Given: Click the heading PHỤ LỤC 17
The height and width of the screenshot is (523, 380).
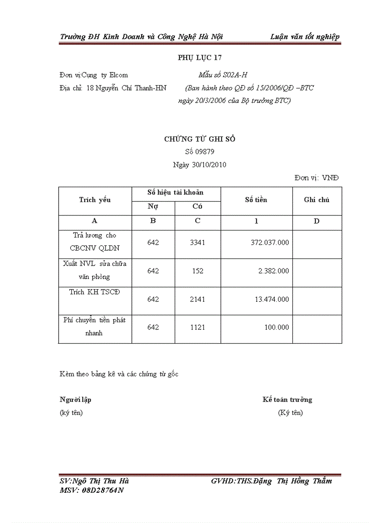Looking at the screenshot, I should pos(200,58).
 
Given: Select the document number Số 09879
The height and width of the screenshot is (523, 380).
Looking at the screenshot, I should pos(199,151).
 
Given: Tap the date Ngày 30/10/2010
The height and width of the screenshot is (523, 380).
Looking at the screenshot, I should pos(199,165).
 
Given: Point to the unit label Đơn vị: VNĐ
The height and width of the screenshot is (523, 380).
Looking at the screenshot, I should pos(317,177).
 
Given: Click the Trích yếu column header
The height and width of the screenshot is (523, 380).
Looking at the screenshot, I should pos(95,200).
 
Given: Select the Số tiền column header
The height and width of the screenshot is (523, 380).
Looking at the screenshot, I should pos(256,200).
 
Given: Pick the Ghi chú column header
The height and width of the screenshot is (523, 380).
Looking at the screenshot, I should pos(317,200).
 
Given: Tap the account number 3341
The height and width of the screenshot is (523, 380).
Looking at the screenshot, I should pos(197,243).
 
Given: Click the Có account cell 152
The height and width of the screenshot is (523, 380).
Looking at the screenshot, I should pos(197,271).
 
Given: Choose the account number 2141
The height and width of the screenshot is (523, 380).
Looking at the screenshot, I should pos(197,299).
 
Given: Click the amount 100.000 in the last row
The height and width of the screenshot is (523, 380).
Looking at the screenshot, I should pos(277,327).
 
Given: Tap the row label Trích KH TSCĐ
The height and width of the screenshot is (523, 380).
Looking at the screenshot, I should pos(95,292).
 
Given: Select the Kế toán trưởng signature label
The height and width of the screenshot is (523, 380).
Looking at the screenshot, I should pos(287,400).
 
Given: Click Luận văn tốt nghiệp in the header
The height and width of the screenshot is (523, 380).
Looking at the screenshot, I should pos(305,37).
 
